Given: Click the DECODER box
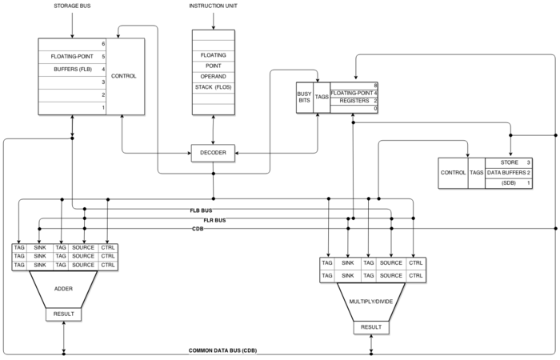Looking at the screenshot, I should coord(214,154).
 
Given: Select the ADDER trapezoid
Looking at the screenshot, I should coord(63,289).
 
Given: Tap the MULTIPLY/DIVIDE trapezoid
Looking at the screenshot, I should coord(372,302).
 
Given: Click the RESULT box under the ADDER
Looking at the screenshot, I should coord(63,314).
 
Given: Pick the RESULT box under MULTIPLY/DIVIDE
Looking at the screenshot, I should coord(371,327).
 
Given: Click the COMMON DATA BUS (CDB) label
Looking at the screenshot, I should coord(223,351).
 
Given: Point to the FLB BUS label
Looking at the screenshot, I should coord(201,210).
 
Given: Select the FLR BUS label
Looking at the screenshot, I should coord(214,219).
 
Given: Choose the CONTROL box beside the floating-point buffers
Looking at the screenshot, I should coord(124,76).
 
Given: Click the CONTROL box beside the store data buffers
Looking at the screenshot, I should coord(453,173).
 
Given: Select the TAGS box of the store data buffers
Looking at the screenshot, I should coord(477,173).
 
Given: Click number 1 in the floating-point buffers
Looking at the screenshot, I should coord(103,107).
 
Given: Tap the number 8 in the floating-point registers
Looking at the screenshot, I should coord(375,85).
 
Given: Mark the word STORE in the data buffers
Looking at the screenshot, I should coord(508,163).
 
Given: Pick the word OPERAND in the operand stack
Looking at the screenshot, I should coord(214,75).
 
